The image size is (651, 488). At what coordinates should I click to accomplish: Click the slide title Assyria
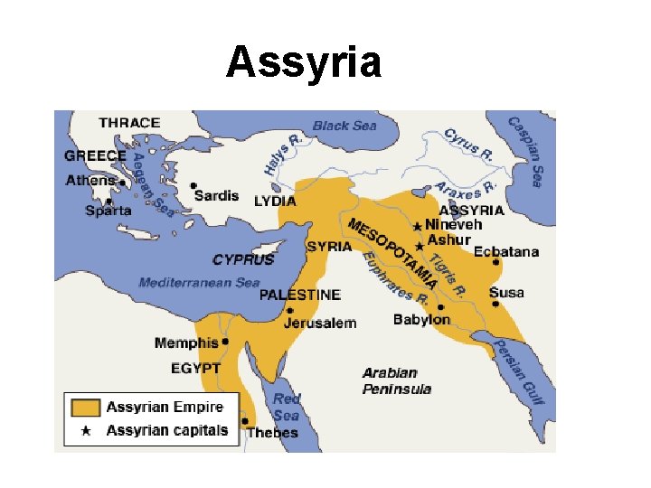coord(304,62)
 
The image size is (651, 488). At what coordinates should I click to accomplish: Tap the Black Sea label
coord(344,125)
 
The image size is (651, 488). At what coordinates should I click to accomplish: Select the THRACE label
coord(129,122)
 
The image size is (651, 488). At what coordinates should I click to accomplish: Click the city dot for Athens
coord(122,182)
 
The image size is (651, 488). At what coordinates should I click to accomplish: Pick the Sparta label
coord(109,211)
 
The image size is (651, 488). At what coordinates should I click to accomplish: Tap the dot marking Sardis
coord(193,185)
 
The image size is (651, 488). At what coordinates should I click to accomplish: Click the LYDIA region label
coord(275,201)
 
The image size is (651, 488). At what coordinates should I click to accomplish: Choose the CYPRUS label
coord(243,259)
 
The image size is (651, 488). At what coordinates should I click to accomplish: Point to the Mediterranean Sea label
coord(199,282)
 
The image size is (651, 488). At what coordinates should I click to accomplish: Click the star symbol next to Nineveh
coord(417,226)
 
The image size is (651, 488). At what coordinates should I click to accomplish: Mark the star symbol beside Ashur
coord(419,244)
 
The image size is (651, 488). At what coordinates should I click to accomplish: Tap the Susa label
coord(506,292)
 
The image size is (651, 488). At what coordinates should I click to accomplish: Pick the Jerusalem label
coord(320,323)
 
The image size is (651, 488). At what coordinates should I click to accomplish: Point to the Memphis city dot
coord(225,342)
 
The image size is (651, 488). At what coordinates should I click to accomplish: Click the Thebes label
coord(272,432)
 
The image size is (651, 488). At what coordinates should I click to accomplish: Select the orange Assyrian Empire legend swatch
coord(86,407)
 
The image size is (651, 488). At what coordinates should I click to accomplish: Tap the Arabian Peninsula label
coord(397,380)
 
